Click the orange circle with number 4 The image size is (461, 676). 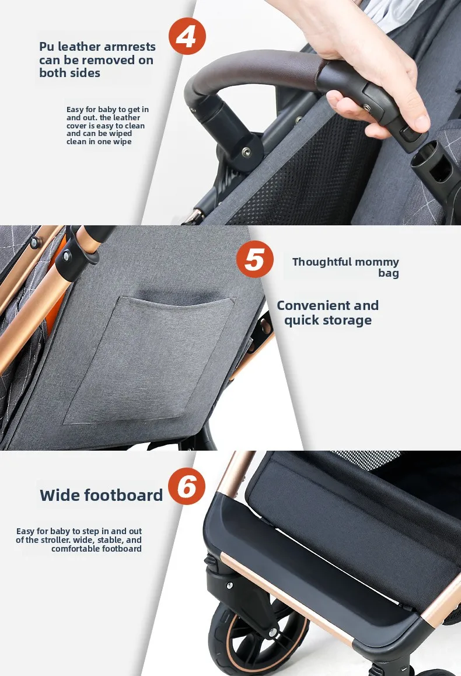pyautogui.click(x=187, y=36)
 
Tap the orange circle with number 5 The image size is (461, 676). pyautogui.click(x=254, y=259)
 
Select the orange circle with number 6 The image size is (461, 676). pyautogui.click(x=187, y=486)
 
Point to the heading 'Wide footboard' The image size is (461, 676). pyautogui.click(x=102, y=495)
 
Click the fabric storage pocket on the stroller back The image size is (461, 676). pyautogui.click(x=149, y=358)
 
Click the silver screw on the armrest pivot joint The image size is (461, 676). pyautogui.click(x=246, y=151)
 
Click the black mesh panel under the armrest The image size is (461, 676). pyautogui.click(x=302, y=172)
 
